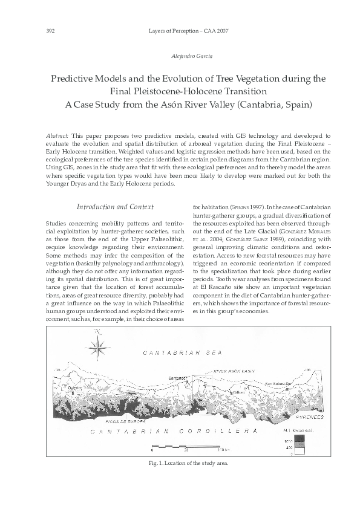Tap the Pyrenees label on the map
(311, 417)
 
